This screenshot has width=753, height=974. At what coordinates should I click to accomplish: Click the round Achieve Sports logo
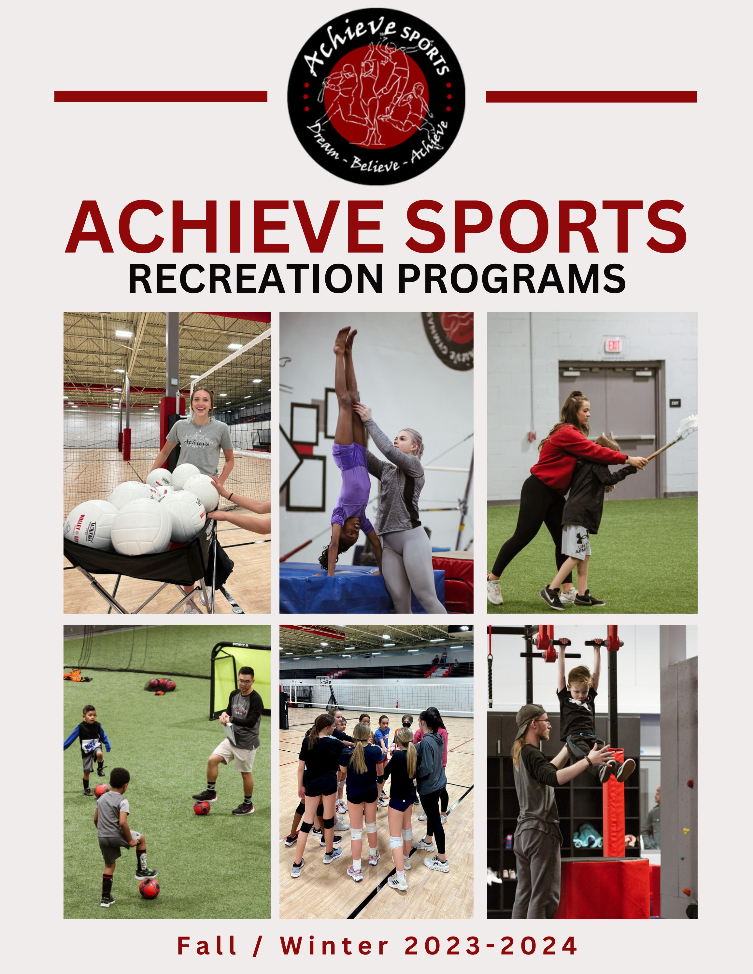[x=376, y=96]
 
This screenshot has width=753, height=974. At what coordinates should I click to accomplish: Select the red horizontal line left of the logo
[x=161, y=96]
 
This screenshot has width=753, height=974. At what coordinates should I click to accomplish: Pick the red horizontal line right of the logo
[x=591, y=97]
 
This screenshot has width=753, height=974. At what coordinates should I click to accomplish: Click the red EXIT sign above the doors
[x=614, y=345]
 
